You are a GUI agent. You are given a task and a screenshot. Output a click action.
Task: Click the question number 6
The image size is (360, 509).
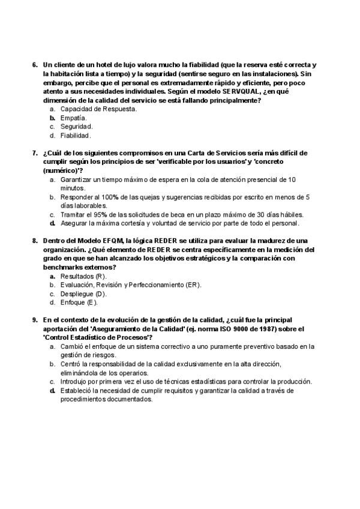click(34, 64)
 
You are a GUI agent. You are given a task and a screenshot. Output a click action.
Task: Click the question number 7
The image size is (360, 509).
click(34, 153)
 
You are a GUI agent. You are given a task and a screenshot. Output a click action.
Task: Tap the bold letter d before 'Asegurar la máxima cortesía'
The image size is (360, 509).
click(53, 223)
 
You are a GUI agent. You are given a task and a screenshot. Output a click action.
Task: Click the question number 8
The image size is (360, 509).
click(34, 241)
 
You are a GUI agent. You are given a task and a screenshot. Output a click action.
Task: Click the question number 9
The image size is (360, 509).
click(34, 320)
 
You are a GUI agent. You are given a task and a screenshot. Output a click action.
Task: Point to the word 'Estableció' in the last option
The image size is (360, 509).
click(76, 390)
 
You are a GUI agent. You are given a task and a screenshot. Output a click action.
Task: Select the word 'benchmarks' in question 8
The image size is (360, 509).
click(62, 267)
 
